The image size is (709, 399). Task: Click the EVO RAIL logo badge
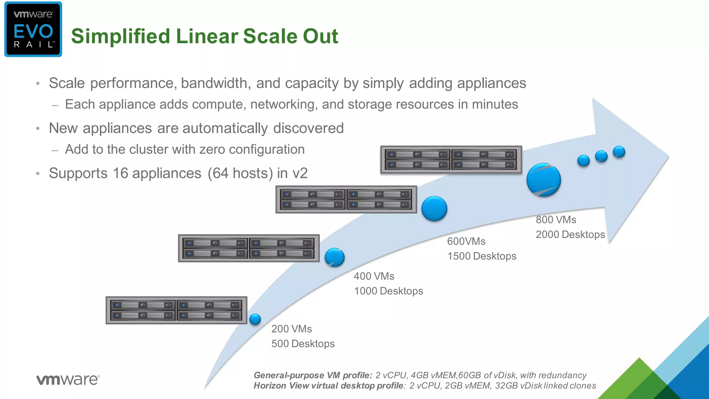(x=33, y=29)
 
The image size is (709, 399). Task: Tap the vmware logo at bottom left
(x=68, y=380)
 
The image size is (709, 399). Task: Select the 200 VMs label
(x=291, y=329)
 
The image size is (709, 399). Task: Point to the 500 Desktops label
(x=303, y=344)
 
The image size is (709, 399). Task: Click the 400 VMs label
(x=374, y=276)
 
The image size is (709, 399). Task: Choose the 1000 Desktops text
(x=388, y=291)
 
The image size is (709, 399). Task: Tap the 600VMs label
(x=466, y=241)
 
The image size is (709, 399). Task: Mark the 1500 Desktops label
(x=482, y=256)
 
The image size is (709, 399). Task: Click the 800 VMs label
(x=556, y=220)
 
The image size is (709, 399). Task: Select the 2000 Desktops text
(x=570, y=234)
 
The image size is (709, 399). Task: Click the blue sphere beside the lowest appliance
(x=255, y=319)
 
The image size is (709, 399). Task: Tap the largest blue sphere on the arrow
(x=544, y=180)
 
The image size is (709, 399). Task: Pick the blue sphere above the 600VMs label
(x=434, y=209)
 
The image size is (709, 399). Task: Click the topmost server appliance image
(x=451, y=160)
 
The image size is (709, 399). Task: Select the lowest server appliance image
(x=176, y=310)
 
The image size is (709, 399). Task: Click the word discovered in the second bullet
(x=308, y=128)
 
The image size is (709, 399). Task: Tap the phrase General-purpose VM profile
(x=313, y=375)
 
